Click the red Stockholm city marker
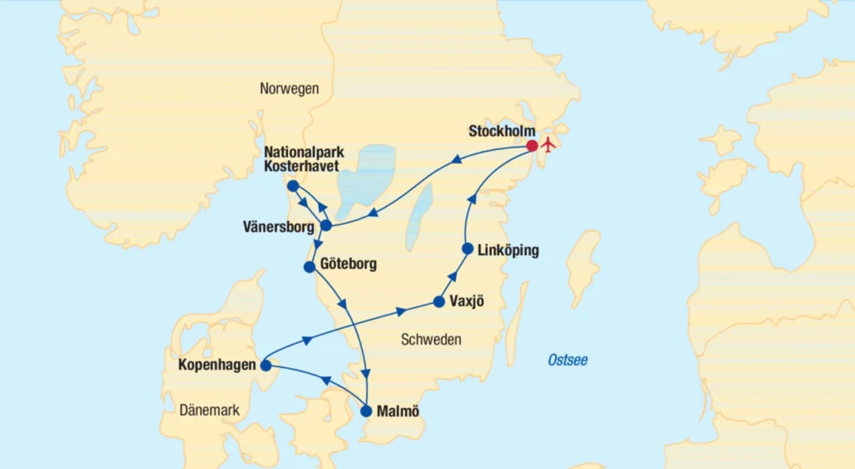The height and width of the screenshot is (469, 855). (532, 146)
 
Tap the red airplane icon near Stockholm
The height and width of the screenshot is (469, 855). (549, 144)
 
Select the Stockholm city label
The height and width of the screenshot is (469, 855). (501, 131)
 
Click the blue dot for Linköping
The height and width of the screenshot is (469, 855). (468, 249)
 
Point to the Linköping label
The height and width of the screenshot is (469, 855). (509, 250)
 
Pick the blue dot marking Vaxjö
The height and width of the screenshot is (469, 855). (439, 301)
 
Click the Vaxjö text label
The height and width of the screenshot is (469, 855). (468, 301)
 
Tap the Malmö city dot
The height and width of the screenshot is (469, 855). (367, 411)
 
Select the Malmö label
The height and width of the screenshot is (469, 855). (399, 411)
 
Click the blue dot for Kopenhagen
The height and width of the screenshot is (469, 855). (266, 366)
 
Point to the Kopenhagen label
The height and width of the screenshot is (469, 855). (217, 365)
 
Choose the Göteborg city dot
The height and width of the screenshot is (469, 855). (310, 267)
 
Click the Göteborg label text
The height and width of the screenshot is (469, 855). (348, 265)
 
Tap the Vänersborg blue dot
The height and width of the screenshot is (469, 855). (326, 225)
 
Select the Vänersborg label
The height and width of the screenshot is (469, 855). (278, 226)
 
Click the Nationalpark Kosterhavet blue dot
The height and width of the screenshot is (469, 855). (292, 185)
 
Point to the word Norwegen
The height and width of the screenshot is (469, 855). (289, 88)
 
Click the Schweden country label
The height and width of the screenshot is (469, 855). (432, 340)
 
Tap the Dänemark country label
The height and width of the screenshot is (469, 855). (210, 411)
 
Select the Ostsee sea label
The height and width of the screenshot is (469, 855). (568, 360)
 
